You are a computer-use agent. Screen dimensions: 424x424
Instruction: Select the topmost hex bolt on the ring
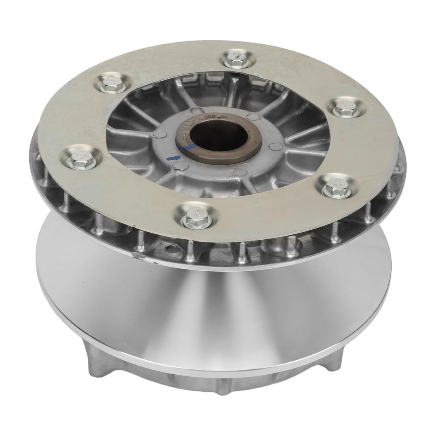pos(237,59)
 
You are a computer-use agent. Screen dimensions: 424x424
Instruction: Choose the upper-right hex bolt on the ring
pos(345,108)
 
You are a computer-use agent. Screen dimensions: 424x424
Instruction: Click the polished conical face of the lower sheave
pos(215,315)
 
